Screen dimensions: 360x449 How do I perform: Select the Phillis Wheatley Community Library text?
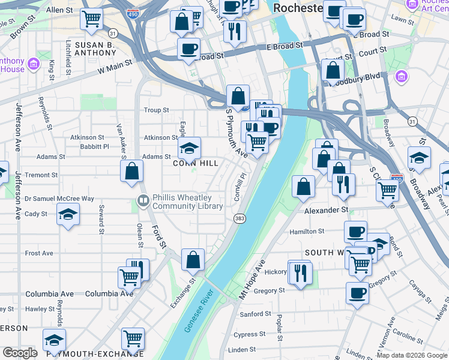[x=187, y=202]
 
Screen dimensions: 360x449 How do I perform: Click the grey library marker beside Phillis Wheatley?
[x=143, y=202]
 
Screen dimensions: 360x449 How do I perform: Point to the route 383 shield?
[x=240, y=218]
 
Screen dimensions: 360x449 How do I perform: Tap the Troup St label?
[x=157, y=110]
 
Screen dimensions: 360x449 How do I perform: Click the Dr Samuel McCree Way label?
[x=59, y=199]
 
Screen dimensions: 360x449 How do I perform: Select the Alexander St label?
[x=326, y=210]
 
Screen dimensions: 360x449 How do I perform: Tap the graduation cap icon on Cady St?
[x=68, y=214]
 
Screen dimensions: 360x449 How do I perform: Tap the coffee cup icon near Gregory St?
[x=358, y=293]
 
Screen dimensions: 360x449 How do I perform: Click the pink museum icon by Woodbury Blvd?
[x=401, y=76]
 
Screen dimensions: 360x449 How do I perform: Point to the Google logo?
[x=20, y=353]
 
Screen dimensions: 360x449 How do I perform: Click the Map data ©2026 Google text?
[x=411, y=355]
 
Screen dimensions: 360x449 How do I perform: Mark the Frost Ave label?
[x=39, y=253]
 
